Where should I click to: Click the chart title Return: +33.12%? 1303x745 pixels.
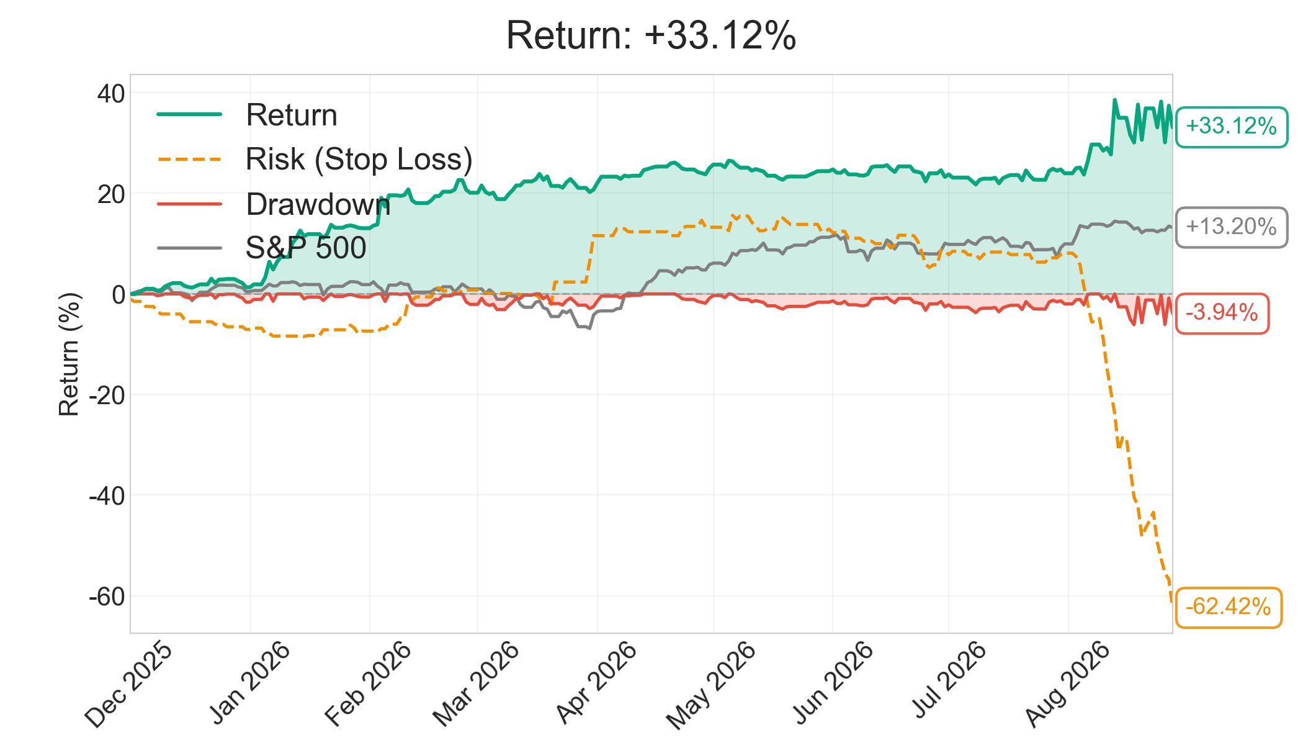click(651, 35)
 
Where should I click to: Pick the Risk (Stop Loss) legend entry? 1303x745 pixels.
click(315, 160)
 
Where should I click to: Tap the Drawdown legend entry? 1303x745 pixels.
click(274, 204)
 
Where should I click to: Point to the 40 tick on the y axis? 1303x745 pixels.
click(111, 94)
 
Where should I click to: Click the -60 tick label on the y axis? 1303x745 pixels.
click(107, 597)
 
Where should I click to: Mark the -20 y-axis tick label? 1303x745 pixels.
click(107, 395)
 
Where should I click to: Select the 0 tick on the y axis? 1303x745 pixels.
click(119, 294)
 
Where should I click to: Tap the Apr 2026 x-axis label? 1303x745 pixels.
click(596, 683)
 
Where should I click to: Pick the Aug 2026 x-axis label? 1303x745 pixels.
click(1067, 684)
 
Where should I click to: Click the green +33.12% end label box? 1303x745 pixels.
click(1232, 127)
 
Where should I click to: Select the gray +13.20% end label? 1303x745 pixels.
click(1232, 227)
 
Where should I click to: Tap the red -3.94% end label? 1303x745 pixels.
click(1222, 313)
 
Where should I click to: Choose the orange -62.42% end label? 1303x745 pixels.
click(1229, 607)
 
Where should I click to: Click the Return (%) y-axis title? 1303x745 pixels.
click(69, 354)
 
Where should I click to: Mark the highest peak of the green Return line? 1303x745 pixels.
click(1114, 99)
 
